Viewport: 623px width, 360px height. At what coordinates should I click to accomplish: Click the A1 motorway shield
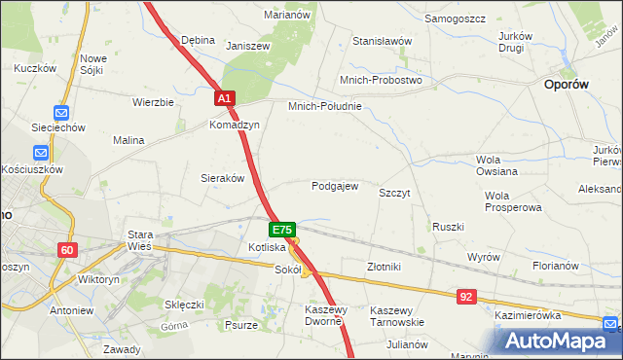point(224,99)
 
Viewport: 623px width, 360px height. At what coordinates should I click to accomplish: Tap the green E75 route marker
point(281,230)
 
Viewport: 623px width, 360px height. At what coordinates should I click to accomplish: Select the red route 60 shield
point(66,250)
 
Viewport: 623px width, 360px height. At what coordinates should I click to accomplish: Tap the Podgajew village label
point(335,186)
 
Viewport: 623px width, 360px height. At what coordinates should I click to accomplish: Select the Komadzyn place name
point(234,126)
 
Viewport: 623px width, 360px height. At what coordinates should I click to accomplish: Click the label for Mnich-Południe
point(324,106)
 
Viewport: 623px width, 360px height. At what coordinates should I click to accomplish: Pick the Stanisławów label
point(383,42)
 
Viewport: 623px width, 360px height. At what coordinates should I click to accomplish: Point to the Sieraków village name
point(222,178)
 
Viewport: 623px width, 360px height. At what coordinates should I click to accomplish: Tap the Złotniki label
point(384,266)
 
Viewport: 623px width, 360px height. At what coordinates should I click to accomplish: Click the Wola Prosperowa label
point(512,201)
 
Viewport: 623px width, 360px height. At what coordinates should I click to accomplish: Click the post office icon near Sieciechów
point(61,113)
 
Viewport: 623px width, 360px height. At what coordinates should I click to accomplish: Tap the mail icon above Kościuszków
point(41,153)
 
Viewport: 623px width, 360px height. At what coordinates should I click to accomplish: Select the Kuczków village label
point(32,69)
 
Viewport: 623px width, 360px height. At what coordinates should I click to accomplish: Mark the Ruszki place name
point(448,227)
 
